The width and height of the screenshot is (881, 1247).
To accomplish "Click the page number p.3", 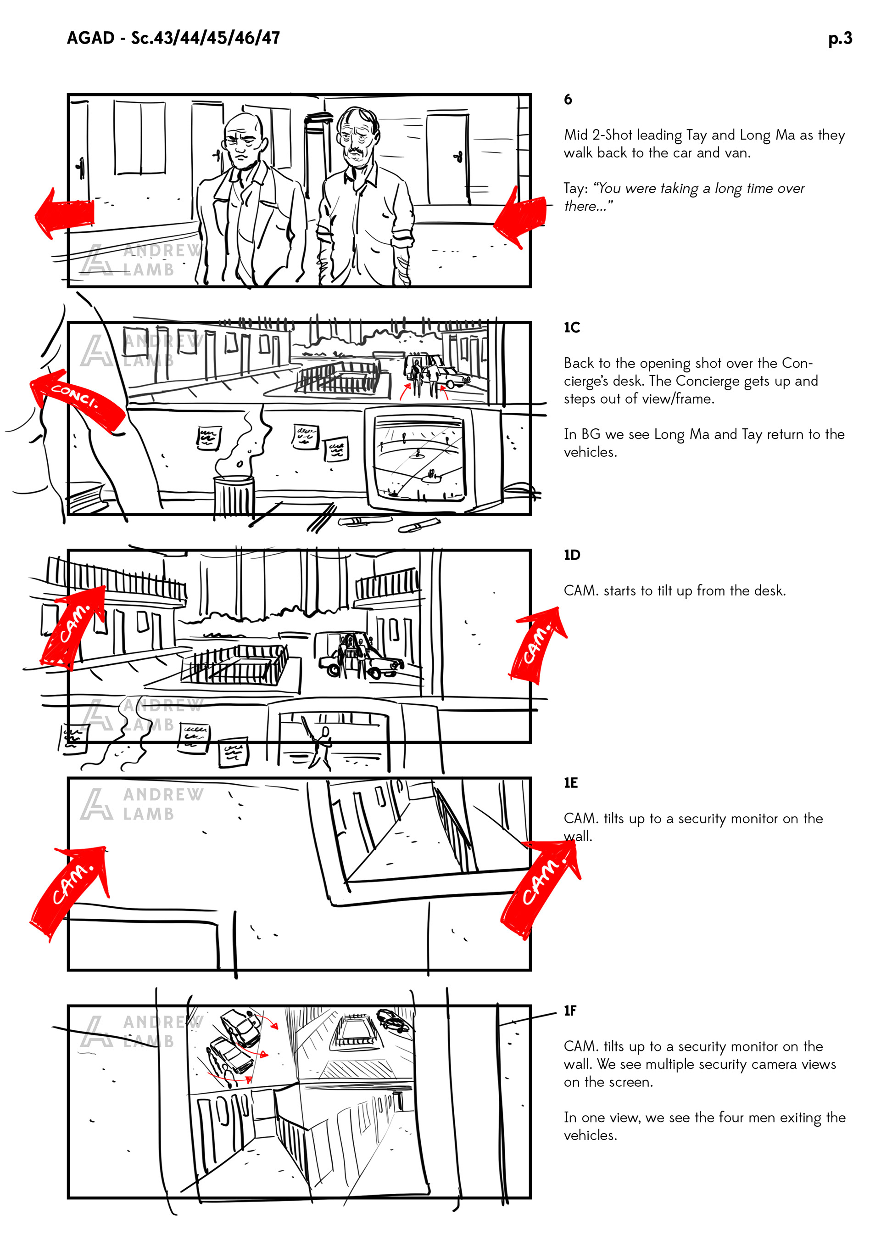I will click(840, 39).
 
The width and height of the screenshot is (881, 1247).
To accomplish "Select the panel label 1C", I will click(572, 327).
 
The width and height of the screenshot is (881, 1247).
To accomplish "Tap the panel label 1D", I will click(572, 555).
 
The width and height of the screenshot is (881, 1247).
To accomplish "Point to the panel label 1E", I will click(570, 783).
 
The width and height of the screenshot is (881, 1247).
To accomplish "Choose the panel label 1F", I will click(570, 1011).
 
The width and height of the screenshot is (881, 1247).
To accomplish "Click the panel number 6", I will click(568, 99).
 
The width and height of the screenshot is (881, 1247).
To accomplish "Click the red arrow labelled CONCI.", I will click(76, 399).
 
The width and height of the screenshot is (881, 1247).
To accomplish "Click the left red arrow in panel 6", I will click(64, 213).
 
